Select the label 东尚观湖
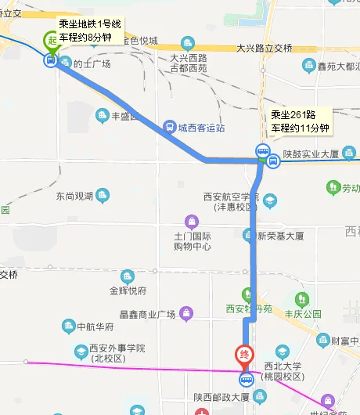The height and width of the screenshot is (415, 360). coord(74,196)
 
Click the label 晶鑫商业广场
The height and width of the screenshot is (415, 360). coord(146,315)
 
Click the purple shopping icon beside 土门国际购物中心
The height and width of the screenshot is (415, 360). coord(188,221)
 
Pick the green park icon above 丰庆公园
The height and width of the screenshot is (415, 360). coord(301,298)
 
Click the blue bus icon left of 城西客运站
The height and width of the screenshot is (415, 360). coord(169,127)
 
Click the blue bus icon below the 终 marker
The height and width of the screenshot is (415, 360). coord(245,382)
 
